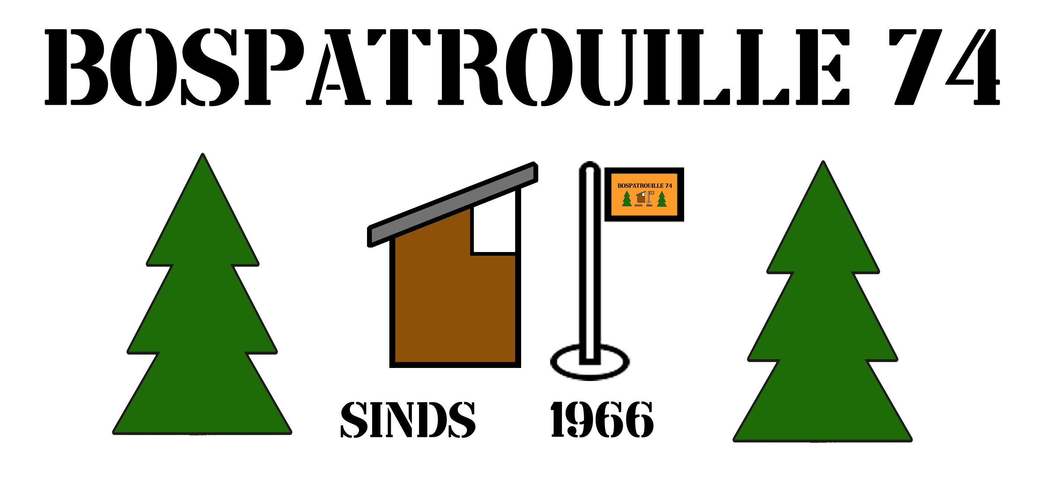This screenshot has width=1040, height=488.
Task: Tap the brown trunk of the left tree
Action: (x=202, y=438)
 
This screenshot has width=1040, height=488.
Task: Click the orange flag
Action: (x=644, y=195)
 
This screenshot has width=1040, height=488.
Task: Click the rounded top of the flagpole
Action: (x=590, y=167)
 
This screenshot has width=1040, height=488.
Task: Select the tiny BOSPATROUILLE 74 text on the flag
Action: (x=644, y=186)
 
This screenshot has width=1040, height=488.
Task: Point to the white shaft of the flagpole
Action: (x=590, y=263)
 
